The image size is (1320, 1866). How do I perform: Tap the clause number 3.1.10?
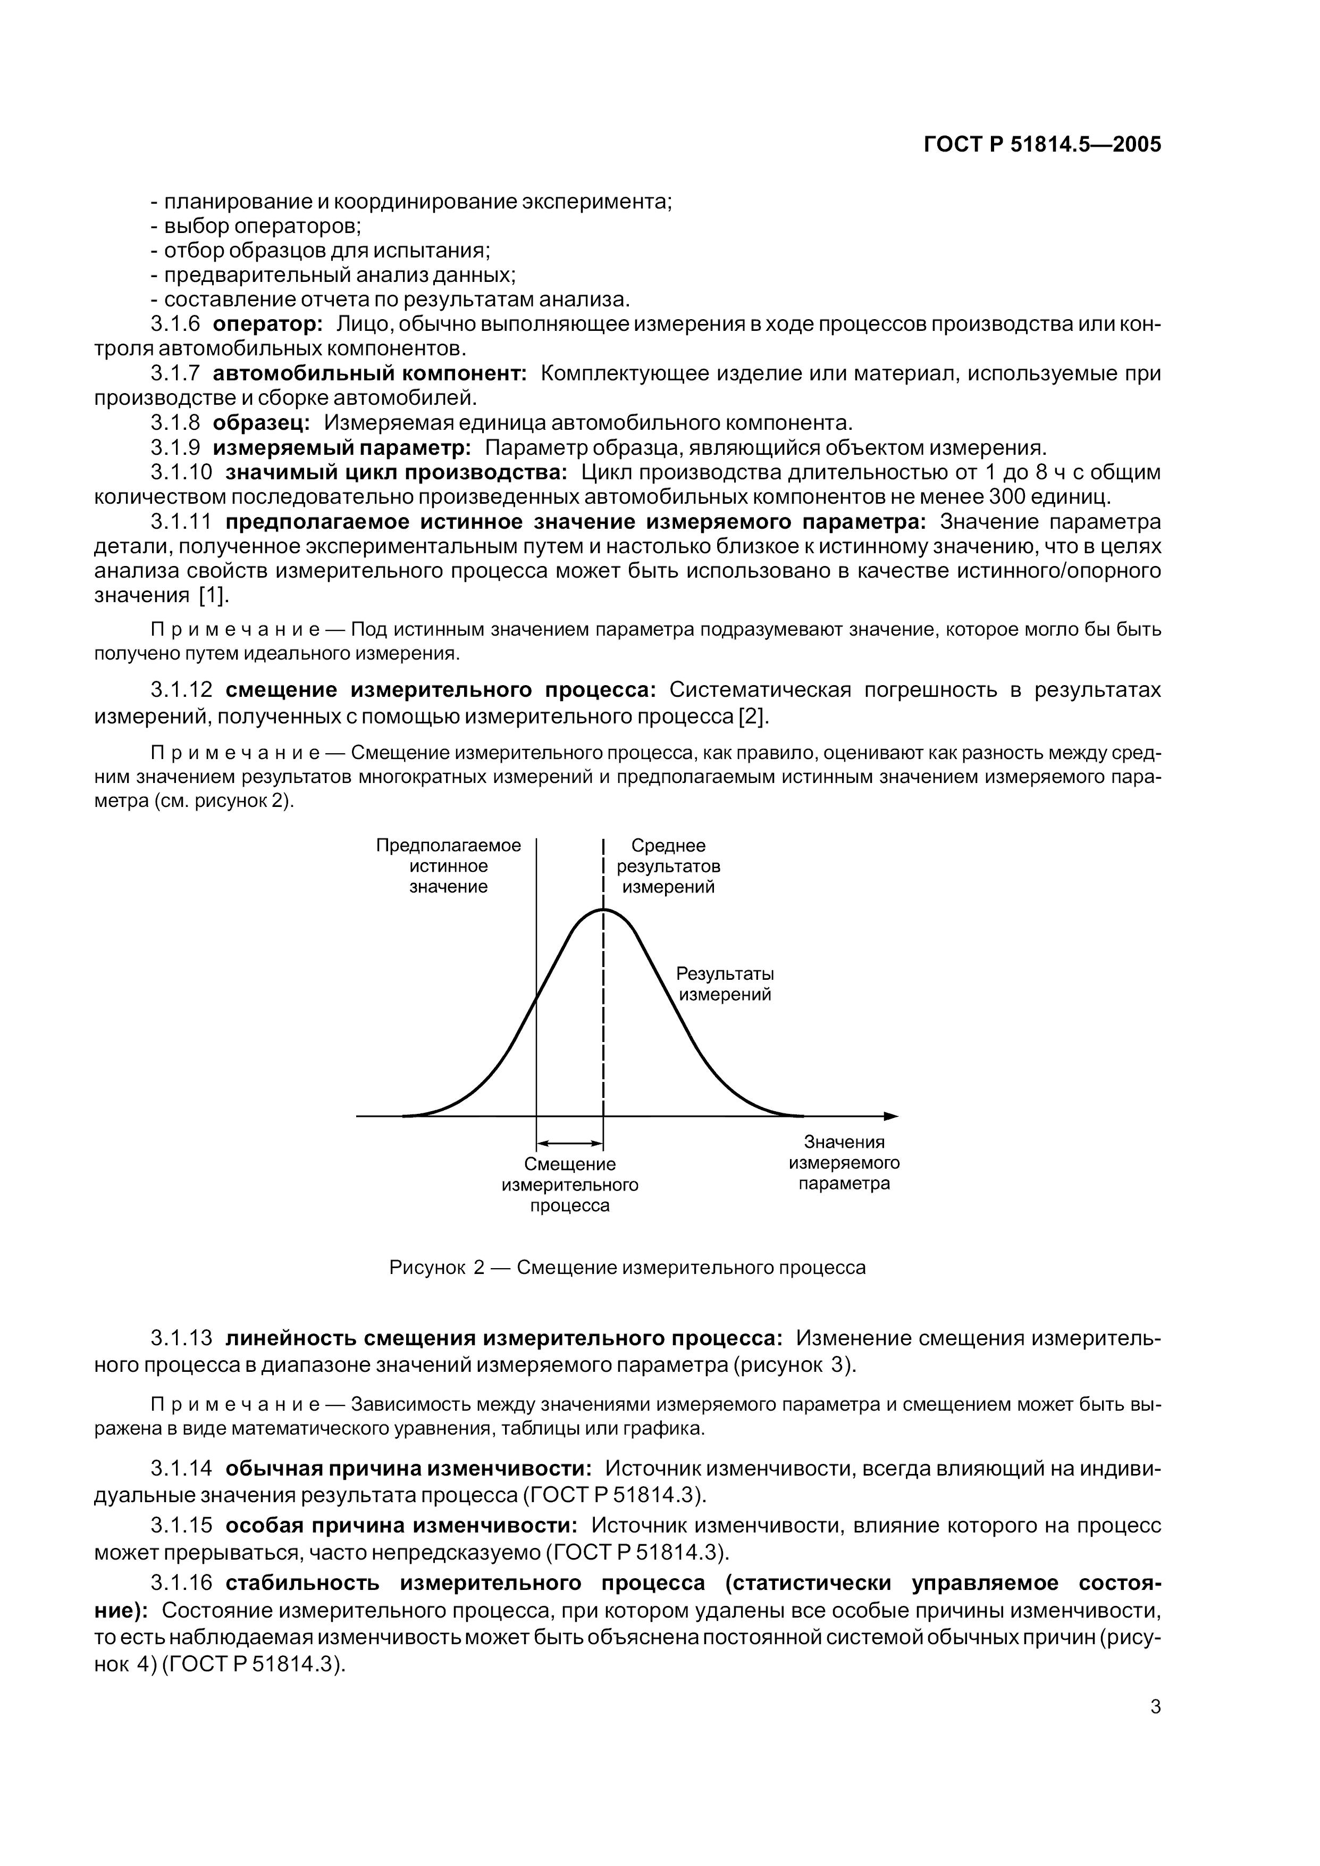(x=181, y=472)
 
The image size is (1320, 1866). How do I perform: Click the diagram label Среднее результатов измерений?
(x=668, y=866)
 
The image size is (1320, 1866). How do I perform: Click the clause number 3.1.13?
(x=181, y=1338)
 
